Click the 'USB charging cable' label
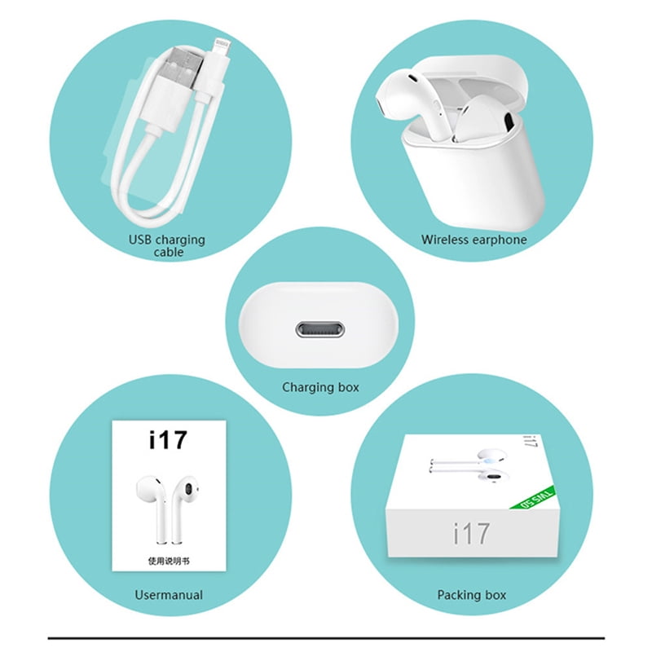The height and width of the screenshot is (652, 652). [x=167, y=246]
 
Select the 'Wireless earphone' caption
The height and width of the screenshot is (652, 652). [x=474, y=240]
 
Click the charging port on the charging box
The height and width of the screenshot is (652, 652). [x=320, y=330]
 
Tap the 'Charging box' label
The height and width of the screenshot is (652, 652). [x=320, y=388]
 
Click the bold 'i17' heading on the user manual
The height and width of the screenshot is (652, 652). [x=169, y=440]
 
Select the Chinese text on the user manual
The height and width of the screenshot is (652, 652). [x=169, y=562]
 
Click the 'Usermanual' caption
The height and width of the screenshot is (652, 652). [x=169, y=595]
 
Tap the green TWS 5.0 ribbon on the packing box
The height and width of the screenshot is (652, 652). [x=534, y=498]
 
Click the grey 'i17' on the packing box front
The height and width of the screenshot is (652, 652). [x=471, y=534]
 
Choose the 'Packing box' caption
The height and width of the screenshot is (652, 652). [x=472, y=595]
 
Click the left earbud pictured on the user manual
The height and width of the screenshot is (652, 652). [x=152, y=508]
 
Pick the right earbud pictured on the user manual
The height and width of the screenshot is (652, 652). [x=183, y=508]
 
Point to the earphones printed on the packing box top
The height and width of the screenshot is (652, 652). [x=470, y=465]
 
